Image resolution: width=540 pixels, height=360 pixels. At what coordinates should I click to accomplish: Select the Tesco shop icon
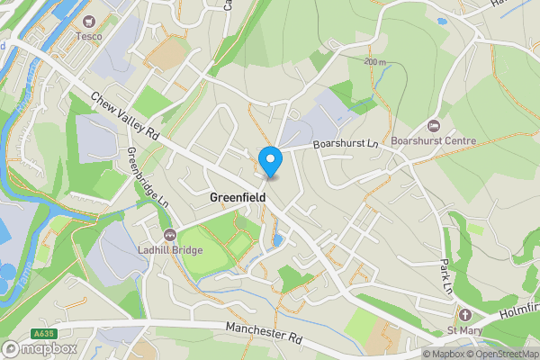click(88, 21)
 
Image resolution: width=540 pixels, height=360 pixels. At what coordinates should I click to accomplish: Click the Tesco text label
click(88, 36)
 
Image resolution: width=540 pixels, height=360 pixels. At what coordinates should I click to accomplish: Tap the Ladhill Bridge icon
click(170, 234)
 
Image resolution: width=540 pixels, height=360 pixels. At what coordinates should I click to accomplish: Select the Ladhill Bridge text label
click(170, 249)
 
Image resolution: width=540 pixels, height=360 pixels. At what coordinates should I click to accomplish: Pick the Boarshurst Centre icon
click(435, 125)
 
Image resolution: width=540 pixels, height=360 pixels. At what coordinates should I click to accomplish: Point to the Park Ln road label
click(447, 277)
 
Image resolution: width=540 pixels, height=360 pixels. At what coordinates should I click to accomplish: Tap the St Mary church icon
click(465, 315)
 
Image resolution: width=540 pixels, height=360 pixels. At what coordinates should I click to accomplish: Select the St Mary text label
click(465, 330)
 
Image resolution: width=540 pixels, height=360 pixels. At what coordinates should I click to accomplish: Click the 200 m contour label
click(376, 62)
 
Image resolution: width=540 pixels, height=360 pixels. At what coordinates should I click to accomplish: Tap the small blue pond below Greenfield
click(279, 240)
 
